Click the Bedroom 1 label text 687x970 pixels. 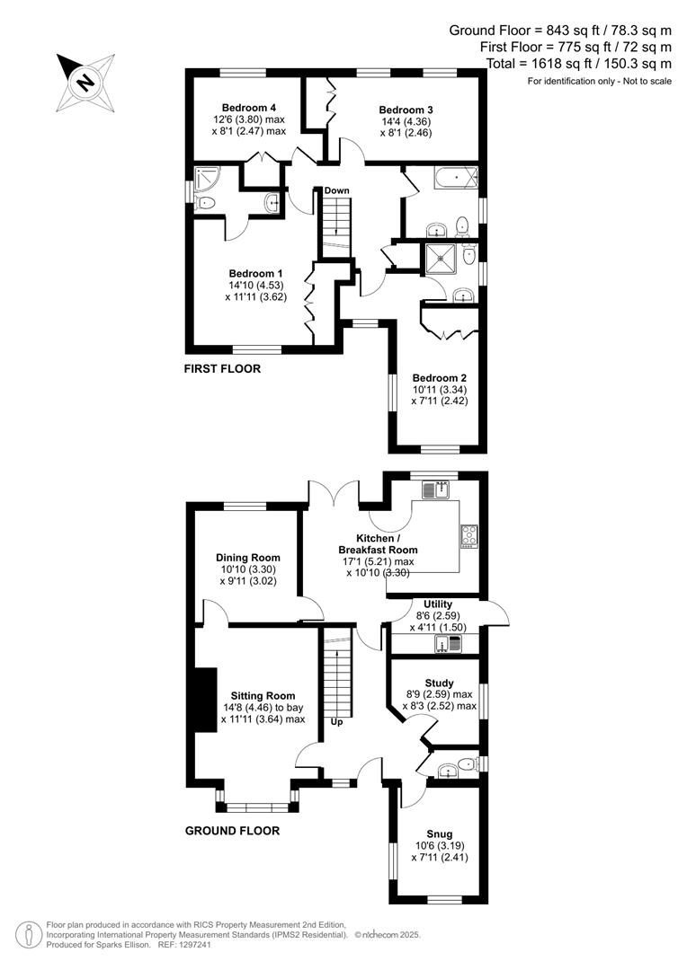point(255,273)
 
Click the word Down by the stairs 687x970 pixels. point(337,190)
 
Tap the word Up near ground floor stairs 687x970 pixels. point(336,721)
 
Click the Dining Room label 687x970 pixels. point(242,558)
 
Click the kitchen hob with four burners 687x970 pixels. point(469,535)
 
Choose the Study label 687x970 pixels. point(439,683)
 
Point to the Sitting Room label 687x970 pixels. point(263,695)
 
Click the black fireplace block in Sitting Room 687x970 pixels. point(205,701)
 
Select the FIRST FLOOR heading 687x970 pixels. point(222,368)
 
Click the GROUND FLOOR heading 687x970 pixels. point(232,831)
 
